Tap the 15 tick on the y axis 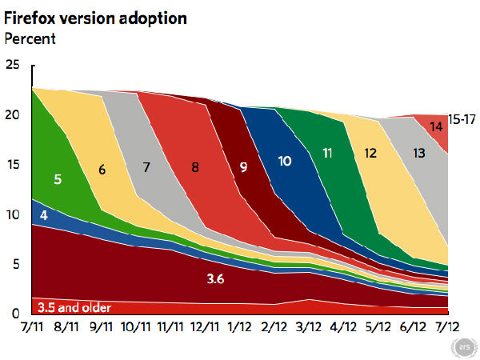pos(10,165)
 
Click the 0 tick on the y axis pos(9,313)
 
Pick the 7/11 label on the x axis pos(31,328)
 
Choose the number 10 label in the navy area pos(285,161)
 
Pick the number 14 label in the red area pos(438,126)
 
